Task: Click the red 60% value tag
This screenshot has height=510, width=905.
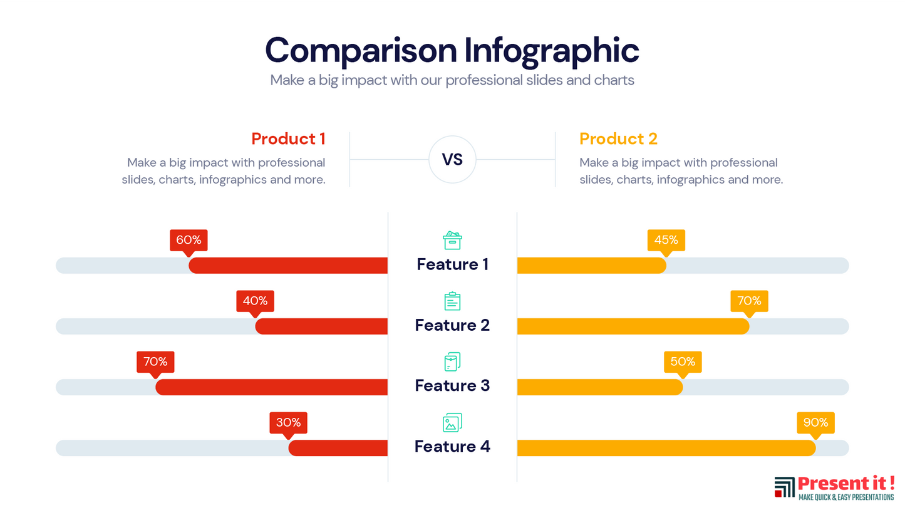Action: click(x=189, y=240)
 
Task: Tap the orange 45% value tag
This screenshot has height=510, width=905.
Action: click(x=666, y=240)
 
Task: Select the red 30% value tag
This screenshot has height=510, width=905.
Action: click(x=288, y=422)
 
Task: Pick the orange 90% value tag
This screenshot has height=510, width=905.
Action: click(x=815, y=422)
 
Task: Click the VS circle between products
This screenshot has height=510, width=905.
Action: click(x=452, y=159)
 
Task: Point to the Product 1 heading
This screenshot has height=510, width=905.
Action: click(x=288, y=138)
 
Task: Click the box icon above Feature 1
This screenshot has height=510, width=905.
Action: click(x=452, y=240)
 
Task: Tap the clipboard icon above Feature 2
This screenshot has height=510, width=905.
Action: click(x=452, y=301)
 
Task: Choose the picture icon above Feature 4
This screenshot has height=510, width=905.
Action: click(x=452, y=423)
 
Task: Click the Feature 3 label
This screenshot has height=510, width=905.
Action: click(x=452, y=385)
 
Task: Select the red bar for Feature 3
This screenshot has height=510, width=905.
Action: click(x=272, y=387)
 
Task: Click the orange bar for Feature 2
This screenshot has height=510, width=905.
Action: click(x=633, y=326)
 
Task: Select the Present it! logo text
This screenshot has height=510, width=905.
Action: click(x=846, y=484)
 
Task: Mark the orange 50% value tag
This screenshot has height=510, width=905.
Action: click(x=683, y=362)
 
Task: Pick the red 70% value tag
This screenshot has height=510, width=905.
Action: click(x=155, y=362)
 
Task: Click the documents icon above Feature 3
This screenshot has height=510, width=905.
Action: click(x=452, y=362)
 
